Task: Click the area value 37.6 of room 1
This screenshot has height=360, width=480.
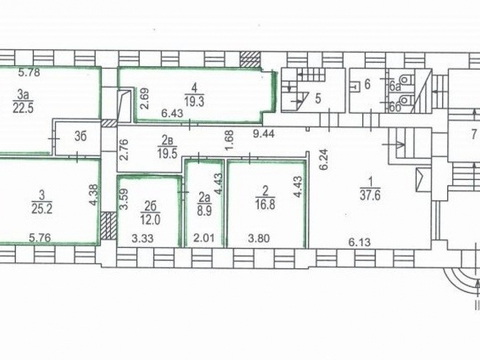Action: [x=370, y=195]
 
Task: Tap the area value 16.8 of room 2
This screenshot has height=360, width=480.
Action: [x=265, y=204]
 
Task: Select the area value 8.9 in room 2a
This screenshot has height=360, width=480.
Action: [x=204, y=211]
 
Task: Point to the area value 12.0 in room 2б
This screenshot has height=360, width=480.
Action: [x=150, y=220]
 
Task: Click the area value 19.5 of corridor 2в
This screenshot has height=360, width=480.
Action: [x=167, y=154]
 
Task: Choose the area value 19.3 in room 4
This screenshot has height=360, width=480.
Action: [x=195, y=101]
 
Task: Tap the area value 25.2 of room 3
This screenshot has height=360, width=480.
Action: [x=42, y=209]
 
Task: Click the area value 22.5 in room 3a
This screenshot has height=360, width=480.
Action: [x=23, y=108]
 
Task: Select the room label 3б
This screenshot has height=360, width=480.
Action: [x=80, y=136]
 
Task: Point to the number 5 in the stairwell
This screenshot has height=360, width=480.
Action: [x=318, y=99]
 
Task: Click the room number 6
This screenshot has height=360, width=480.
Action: [x=367, y=84]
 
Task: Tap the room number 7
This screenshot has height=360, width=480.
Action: [x=474, y=135]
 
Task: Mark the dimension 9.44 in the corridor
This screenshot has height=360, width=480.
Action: [x=264, y=134]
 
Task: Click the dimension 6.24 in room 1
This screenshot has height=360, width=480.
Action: [x=324, y=160]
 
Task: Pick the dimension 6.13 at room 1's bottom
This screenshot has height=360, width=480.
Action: [x=360, y=242]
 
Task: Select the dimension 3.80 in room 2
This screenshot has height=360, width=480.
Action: [x=259, y=238]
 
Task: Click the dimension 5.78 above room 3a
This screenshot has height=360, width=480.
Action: [x=29, y=72]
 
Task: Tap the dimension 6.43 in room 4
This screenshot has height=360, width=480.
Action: [x=172, y=113]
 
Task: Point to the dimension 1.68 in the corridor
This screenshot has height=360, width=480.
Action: [x=230, y=140]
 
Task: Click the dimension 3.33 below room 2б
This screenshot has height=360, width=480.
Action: [x=143, y=238]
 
